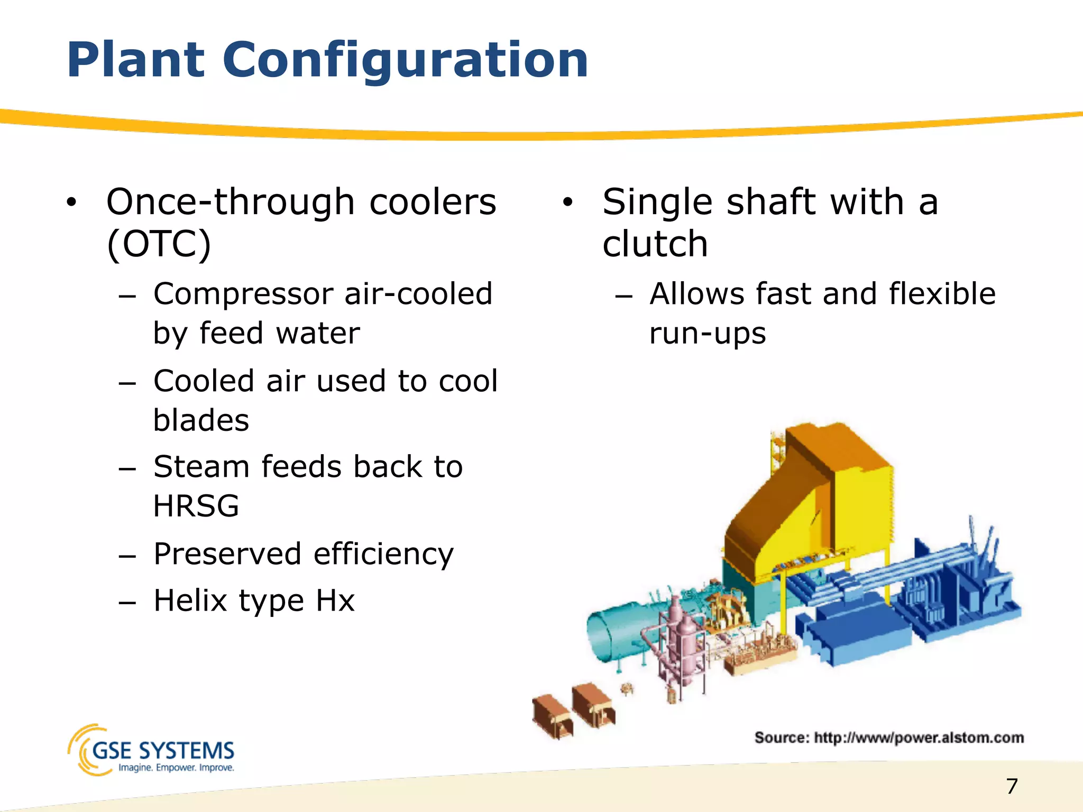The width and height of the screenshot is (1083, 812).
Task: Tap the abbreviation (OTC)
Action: coord(159,244)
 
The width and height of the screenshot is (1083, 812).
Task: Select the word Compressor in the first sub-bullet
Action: coord(243,294)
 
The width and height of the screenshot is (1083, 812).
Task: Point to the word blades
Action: coord(201,421)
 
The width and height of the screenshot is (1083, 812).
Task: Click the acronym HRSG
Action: coord(196,506)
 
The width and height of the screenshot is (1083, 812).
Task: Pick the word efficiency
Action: coord(383,555)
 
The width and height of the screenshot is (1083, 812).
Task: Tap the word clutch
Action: coord(655,244)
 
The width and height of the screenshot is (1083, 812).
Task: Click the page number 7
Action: coord(1012,786)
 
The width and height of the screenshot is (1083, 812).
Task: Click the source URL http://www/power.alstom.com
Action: coord(919,737)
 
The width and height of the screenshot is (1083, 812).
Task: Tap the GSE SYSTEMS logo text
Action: coord(163,750)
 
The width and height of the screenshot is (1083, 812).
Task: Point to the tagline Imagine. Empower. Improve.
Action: coord(176,768)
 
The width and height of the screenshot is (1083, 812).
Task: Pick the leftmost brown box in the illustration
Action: coord(552,716)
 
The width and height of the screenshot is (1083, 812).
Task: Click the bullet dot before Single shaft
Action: coord(567,202)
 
